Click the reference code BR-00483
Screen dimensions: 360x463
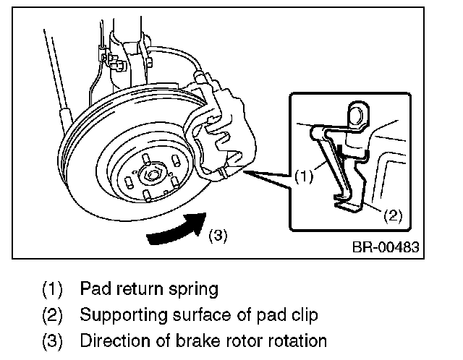coord(385,248)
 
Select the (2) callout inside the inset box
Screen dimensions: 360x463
coord(391,214)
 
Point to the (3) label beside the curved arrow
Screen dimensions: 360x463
coord(219,234)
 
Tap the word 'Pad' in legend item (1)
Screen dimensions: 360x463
coord(95,290)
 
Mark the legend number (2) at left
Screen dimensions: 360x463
coord(54,315)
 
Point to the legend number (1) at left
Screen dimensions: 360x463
coord(54,290)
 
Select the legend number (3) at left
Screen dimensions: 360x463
coord(54,340)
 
